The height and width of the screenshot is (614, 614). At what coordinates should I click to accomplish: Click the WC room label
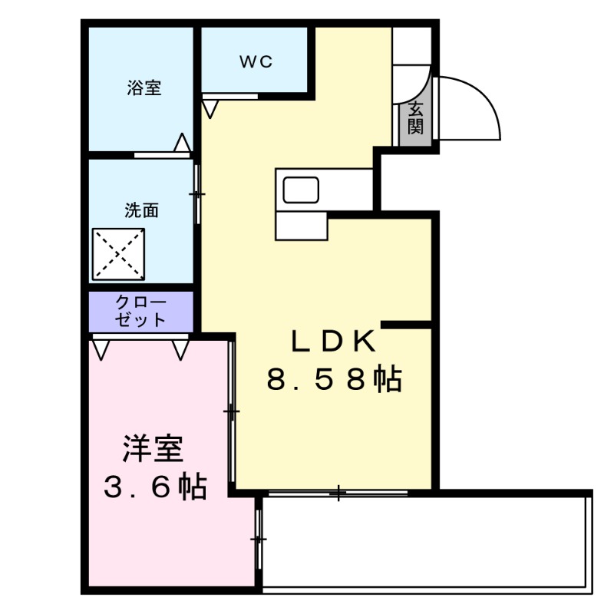point(256,62)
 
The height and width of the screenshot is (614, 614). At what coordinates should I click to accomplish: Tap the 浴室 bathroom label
point(144,88)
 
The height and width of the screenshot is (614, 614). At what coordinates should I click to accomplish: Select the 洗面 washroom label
point(142,210)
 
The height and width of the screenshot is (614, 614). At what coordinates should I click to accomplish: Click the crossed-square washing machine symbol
point(120,254)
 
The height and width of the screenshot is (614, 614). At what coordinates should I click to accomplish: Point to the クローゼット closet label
point(141,311)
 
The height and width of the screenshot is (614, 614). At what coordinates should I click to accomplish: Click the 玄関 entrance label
point(415,118)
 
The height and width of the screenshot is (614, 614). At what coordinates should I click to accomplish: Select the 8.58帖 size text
point(334,378)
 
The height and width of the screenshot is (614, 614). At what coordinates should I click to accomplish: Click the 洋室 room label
point(153,449)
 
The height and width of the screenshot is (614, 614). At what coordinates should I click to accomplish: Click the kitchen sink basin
point(301,190)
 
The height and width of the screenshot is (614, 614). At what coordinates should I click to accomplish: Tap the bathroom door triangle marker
point(182,143)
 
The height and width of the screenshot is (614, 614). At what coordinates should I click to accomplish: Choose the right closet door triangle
point(181,350)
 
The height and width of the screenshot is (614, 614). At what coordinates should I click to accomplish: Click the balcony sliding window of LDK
point(338,493)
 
